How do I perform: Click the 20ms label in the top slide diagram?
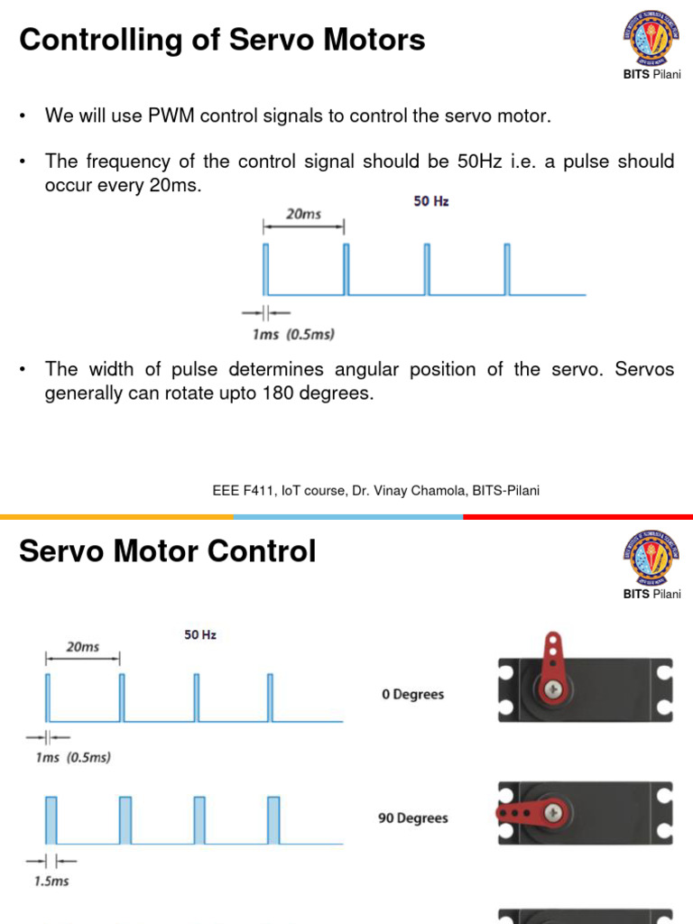pyautogui.click(x=303, y=215)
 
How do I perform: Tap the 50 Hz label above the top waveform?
pyautogui.click(x=431, y=201)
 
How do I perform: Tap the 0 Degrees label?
pyautogui.click(x=412, y=695)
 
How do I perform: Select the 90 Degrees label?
pyautogui.click(x=412, y=818)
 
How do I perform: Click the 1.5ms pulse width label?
pyautogui.click(x=51, y=881)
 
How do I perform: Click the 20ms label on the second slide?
pyautogui.click(x=82, y=647)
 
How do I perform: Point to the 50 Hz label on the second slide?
pyautogui.click(x=200, y=634)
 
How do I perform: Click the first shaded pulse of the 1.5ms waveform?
pyautogui.click(x=51, y=819)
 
